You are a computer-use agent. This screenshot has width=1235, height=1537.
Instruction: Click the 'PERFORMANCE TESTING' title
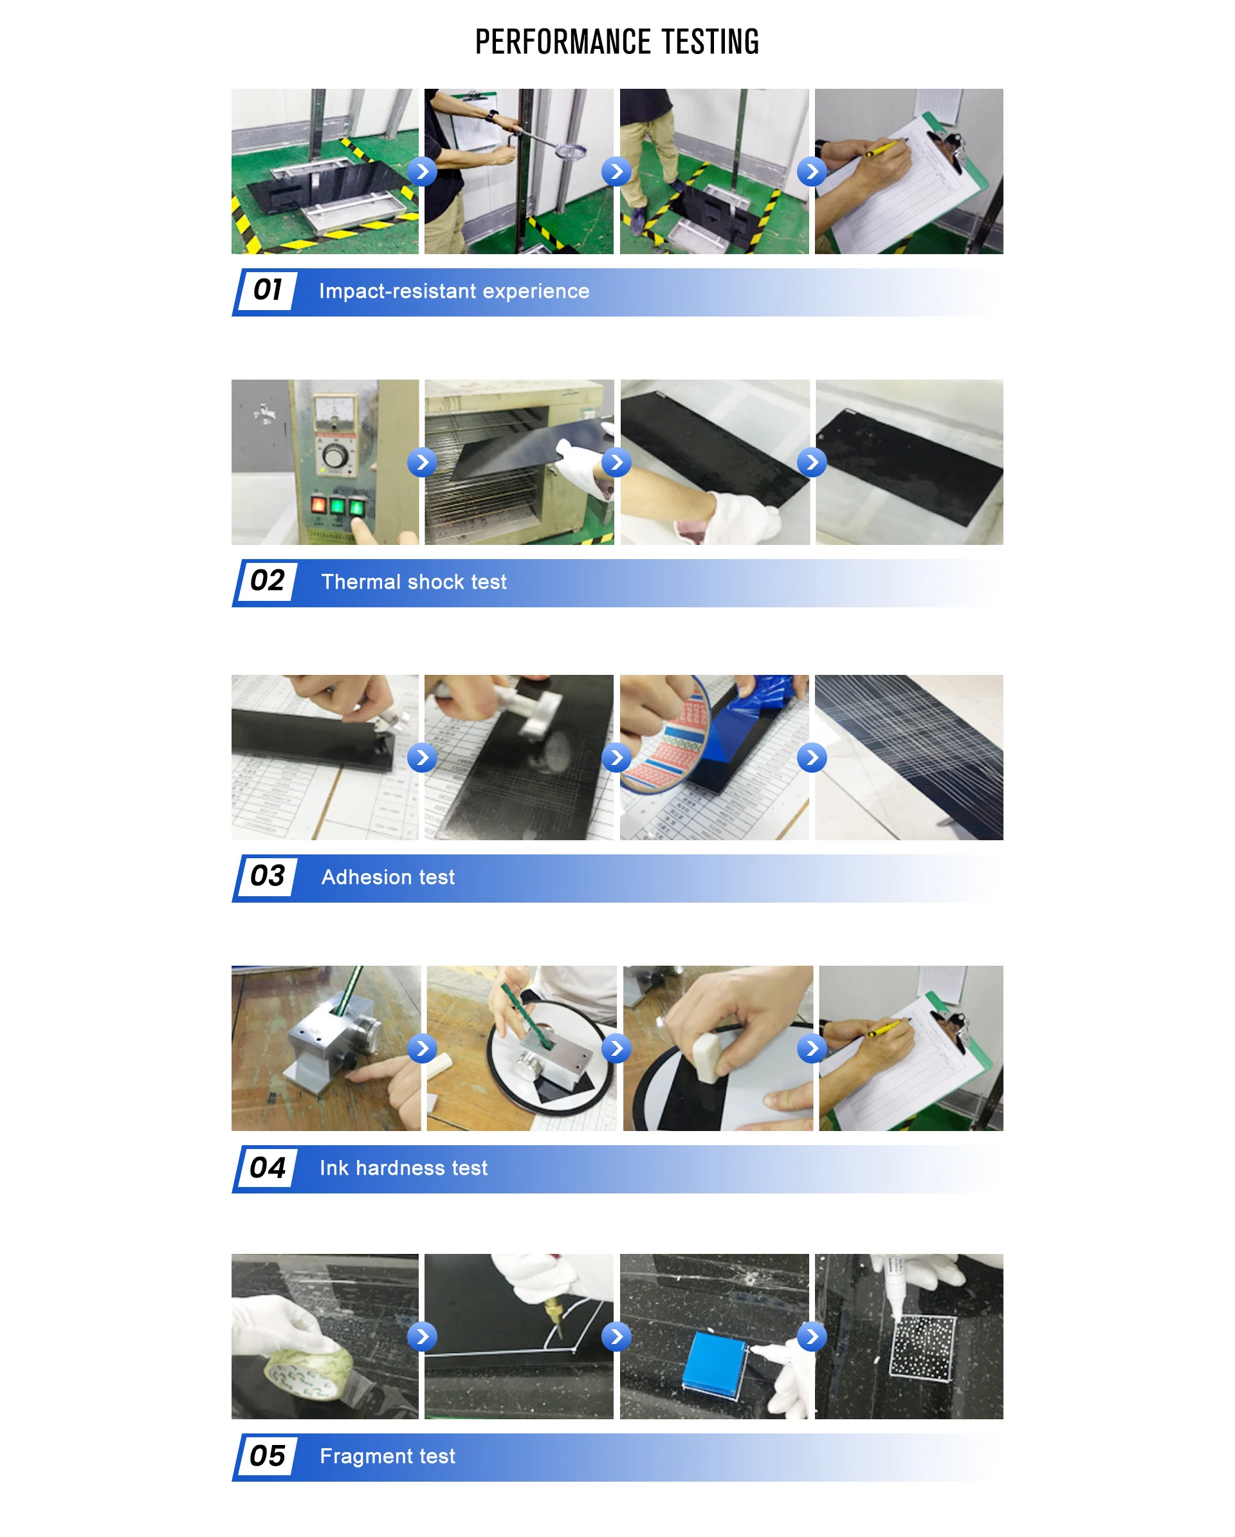(617, 42)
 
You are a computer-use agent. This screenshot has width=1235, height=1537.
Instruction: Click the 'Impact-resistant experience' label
(454, 291)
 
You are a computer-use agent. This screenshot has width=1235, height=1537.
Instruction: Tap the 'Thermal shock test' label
(414, 582)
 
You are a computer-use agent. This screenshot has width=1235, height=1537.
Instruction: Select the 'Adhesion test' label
(388, 877)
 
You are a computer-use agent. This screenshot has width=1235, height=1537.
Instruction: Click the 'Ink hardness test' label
(403, 1168)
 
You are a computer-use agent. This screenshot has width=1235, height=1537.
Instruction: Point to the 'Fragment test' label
(387, 1456)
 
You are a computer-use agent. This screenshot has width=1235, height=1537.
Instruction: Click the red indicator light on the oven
(318, 506)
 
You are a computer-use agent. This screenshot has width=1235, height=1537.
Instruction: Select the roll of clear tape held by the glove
(308, 1371)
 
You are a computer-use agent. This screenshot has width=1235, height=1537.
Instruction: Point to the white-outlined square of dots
(922, 1348)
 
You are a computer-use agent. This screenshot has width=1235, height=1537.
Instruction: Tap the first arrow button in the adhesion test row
(422, 757)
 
